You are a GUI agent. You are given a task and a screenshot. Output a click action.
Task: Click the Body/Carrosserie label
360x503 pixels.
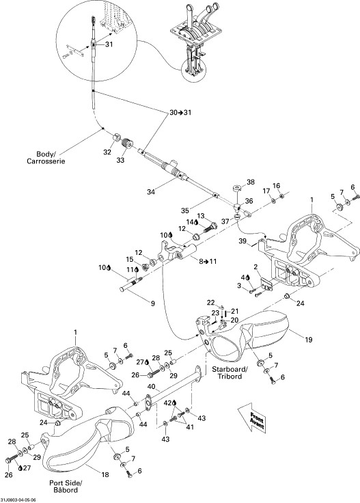46,157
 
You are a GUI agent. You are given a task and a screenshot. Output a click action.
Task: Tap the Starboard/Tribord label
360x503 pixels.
230,372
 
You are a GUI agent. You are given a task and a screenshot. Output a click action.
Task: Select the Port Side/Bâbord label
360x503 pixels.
66,487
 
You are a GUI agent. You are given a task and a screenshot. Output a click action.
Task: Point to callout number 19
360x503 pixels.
308,340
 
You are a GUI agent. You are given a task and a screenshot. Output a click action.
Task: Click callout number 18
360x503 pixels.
105,475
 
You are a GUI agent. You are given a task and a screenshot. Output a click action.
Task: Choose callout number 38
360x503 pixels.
251,182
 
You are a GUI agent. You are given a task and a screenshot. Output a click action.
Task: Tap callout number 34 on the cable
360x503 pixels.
151,192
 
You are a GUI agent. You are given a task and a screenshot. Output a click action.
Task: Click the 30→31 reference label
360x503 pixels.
180,113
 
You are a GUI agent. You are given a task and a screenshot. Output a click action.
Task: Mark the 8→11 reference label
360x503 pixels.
208,261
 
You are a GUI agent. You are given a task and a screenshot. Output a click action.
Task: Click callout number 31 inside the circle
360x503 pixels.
109,44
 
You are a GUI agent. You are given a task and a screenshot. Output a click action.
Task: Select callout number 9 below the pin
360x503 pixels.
152,303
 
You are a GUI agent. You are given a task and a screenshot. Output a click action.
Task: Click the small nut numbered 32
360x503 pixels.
116,138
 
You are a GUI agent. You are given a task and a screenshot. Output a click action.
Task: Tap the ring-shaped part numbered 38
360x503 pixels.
237,188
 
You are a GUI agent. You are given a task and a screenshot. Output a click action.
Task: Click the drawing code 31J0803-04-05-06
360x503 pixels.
18,500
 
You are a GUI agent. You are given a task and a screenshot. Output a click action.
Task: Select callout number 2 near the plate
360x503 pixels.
255,267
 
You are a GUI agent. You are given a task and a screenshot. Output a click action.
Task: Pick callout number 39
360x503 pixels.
242,241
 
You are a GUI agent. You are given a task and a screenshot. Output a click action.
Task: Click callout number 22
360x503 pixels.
210,302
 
